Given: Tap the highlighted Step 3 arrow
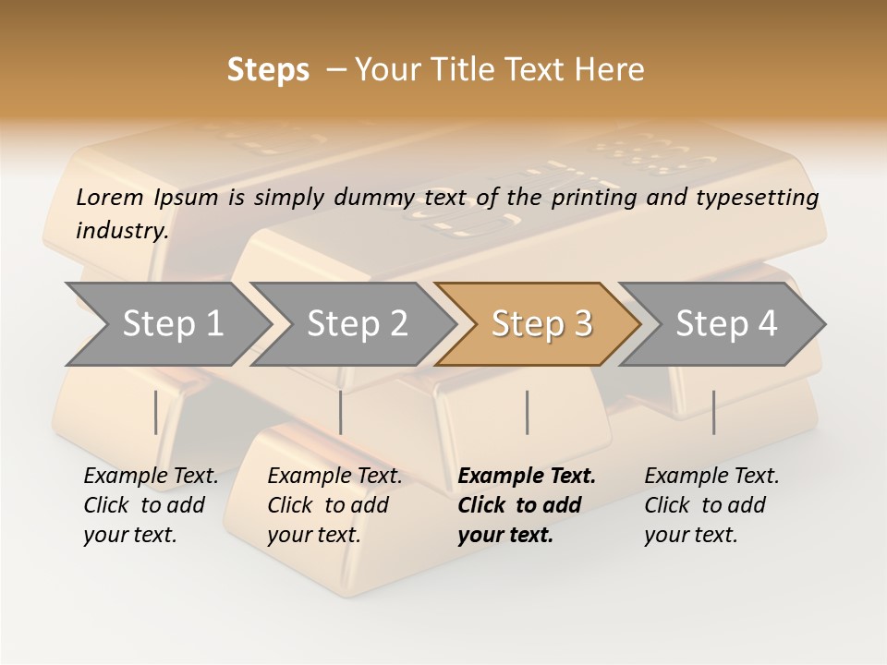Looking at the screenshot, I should pos(541,324).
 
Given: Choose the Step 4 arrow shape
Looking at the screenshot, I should pos(726,324).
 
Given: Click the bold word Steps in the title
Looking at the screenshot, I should pos(268,70).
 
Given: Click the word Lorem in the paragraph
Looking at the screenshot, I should pos(108,197).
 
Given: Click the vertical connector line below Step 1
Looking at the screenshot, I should pos(155,412).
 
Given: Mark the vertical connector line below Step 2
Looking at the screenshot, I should pos(341,412).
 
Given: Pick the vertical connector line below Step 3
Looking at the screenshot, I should pos(527,412).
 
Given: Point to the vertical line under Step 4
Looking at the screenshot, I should pos(713,412).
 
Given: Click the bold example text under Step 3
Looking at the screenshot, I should pos(525,505).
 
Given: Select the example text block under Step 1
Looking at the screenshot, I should pos(150,505).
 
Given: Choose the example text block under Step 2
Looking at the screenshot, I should pos(334,505).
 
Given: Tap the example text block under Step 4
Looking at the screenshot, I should pos(711,505).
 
